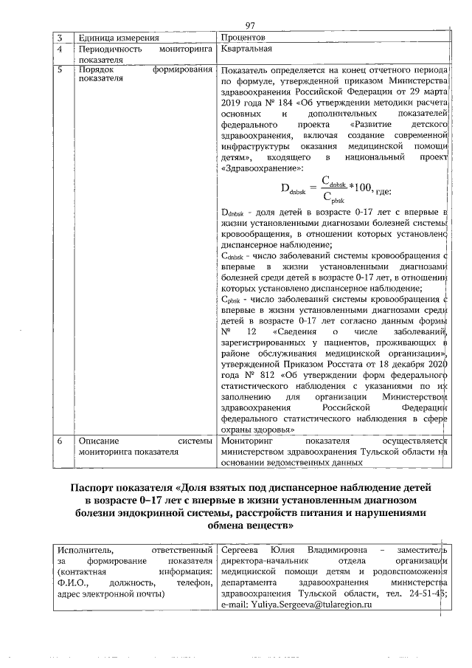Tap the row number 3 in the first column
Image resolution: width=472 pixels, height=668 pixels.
[x=60, y=38]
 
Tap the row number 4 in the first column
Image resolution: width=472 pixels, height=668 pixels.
[x=60, y=50]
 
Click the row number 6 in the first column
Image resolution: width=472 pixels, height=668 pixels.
[x=60, y=441]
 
